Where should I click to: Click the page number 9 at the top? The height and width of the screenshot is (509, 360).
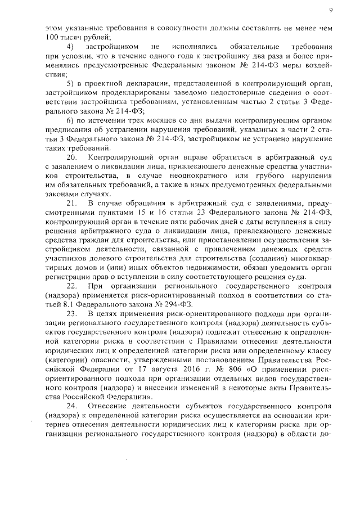tap(331, 10)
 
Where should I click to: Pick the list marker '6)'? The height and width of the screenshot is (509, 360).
tap(70, 121)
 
